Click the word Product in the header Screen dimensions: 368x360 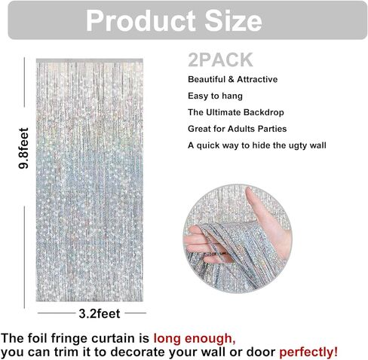tap(141, 21)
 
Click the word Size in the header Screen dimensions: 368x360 tap(234, 21)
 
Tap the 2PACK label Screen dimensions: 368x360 tap(220, 59)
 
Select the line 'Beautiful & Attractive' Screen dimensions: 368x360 tap(232, 79)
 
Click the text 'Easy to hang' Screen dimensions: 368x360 tap(215, 96)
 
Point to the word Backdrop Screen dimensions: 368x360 tap(263, 112)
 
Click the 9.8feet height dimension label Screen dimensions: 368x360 tap(24, 148)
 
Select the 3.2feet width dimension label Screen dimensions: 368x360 tap(100, 313)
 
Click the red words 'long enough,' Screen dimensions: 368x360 tap(195, 339)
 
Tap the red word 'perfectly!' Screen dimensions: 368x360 tap(308, 352)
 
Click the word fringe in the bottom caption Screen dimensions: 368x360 tap(69, 339)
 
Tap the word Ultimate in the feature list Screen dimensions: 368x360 tap(223, 112)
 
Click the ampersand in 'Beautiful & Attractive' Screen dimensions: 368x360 tap(231, 80)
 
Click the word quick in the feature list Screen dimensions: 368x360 tap(208, 145)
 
